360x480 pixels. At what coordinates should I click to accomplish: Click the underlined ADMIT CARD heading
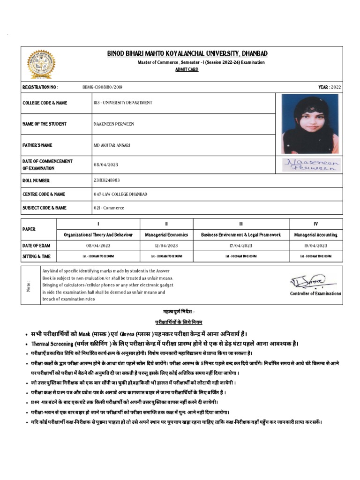coord(187,69)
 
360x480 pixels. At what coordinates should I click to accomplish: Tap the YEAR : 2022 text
coord(330,87)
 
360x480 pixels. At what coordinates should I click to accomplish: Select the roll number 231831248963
coord(107,180)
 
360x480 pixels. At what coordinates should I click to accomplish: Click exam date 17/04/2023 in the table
coord(240,246)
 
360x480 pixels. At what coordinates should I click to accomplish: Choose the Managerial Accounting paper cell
coord(315,235)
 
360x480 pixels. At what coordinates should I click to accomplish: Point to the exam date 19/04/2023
coord(315,246)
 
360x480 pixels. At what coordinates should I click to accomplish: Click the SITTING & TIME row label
coord(37,256)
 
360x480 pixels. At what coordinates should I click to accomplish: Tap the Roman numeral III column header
coord(240,224)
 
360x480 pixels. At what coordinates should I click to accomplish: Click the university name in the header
coord(187,54)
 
